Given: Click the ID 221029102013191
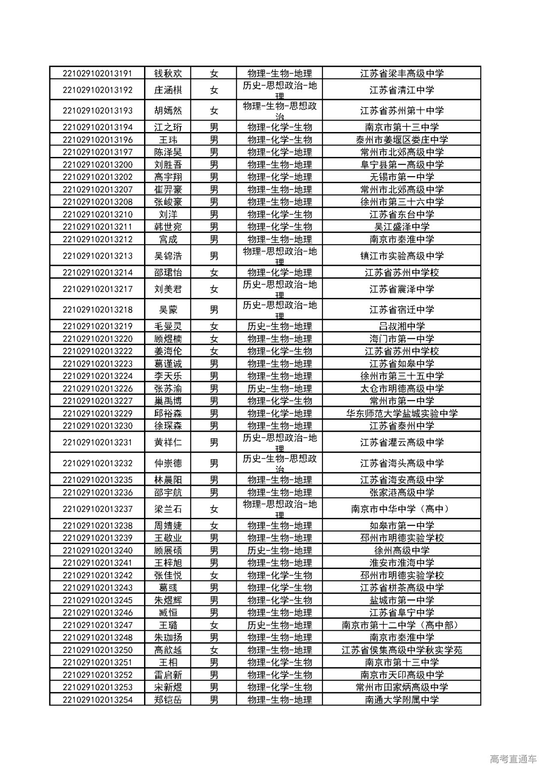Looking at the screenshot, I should tap(97, 73).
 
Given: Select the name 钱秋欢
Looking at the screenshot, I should tap(168, 73).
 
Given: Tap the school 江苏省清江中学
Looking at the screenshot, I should tap(401, 90).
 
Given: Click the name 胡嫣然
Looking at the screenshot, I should tap(168, 111).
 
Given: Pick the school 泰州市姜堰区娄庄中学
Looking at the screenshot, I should tap(401, 140).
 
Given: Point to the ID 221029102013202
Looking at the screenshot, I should tap(97, 177).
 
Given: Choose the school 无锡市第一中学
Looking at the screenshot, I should tap(401, 177).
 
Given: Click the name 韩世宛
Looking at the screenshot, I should tap(168, 227).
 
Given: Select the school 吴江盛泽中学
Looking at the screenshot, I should tap(401, 227).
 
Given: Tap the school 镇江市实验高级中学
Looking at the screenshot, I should tap(401, 256).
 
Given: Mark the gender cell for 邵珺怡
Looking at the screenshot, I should tap(214, 273).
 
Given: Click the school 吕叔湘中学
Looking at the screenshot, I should tap(401, 326).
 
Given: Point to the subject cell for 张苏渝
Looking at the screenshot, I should tap(279, 388).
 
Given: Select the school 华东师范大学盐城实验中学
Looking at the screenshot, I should tap(401, 413).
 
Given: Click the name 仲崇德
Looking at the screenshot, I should tap(168, 463).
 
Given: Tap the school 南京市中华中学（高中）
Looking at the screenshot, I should tap(401, 509).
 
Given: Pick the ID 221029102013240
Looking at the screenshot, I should tap(97, 550).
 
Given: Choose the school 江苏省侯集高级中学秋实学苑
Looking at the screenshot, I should tap(401, 650).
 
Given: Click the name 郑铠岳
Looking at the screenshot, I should tap(168, 700).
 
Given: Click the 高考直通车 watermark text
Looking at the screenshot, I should tap(513, 759).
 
